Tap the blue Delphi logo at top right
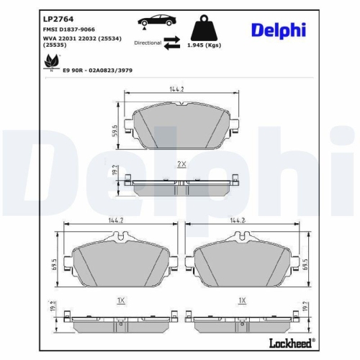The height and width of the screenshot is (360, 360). point(279,30)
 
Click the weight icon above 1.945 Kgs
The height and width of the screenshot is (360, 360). point(204,27)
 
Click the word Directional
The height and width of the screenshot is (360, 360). point(148,43)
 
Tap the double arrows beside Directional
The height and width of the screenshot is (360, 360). point(171,43)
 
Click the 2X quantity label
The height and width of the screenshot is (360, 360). point(181,164)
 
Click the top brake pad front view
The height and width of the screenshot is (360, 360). point(181,126)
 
